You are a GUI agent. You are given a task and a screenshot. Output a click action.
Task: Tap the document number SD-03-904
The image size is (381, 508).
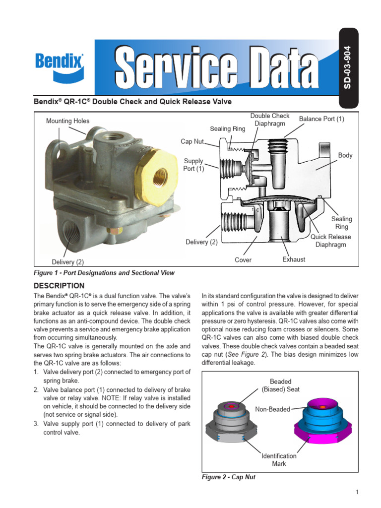coord(347,67)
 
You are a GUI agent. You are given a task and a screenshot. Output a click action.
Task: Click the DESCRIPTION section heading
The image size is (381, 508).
coord(59,286)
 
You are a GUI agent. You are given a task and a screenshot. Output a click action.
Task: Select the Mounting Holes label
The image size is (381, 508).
coord(67,121)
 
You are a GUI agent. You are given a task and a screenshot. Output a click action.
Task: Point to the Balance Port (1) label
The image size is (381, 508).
coord(321,119)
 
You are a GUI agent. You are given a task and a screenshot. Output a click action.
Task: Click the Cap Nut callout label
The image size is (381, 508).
coord(192,141)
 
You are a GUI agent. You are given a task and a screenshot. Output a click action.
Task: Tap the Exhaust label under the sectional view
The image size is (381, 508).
coord(294,259)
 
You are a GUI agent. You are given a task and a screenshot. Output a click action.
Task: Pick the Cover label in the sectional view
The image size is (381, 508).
coord(243,260)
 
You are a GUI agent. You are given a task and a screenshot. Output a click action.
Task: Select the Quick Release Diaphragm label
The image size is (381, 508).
coord(331,241)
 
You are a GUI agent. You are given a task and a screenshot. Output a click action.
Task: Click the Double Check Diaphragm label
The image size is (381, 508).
coord(270,120)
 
